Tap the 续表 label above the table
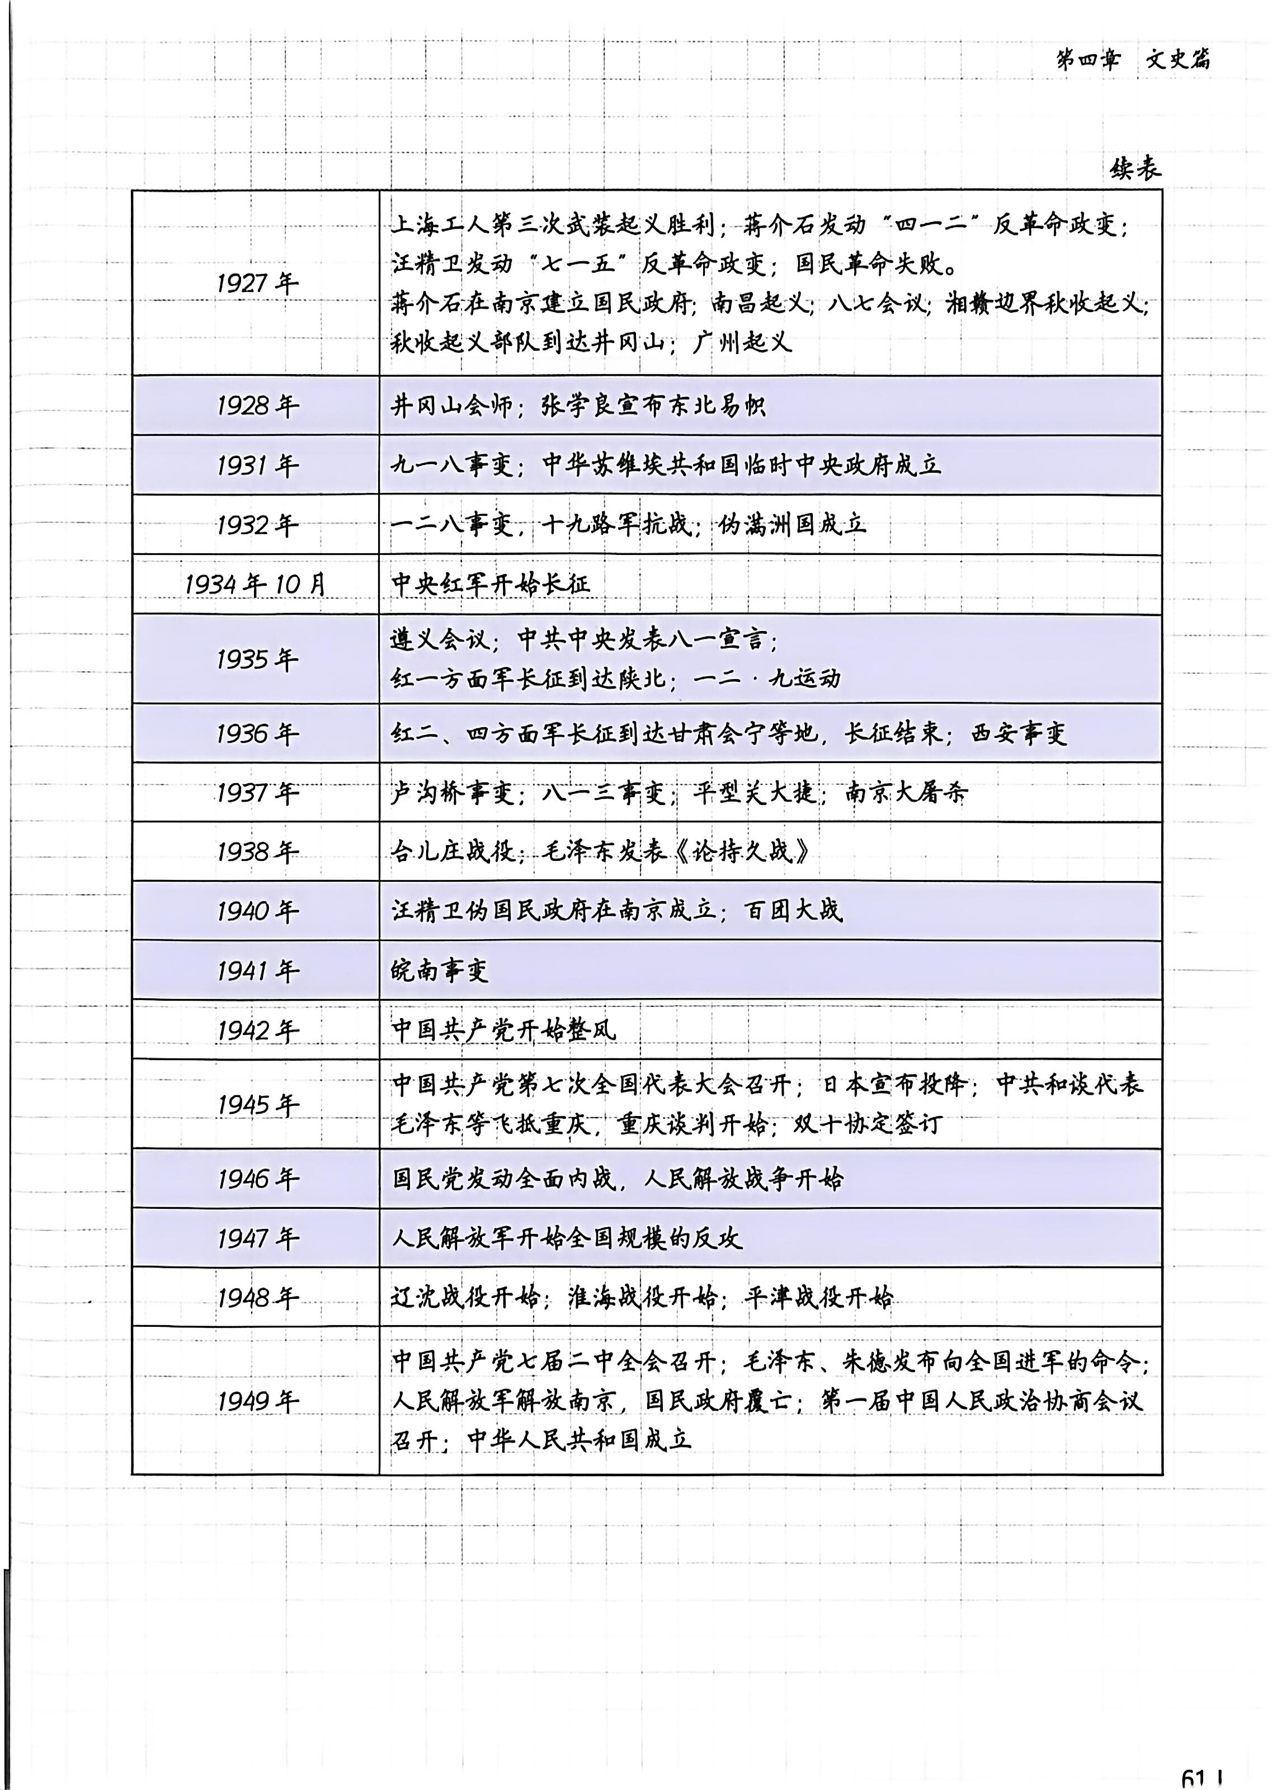point(1135,168)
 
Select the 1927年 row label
point(257,282)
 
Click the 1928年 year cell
point(257,406)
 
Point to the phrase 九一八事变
point(452,465)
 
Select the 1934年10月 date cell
point(255,584)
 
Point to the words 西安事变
point(1018,734)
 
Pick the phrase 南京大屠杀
point(906,793)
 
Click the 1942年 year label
point(257,1030)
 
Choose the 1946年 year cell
point(257,1179)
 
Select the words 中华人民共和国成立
point(579,1440)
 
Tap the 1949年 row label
point(257,1401)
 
